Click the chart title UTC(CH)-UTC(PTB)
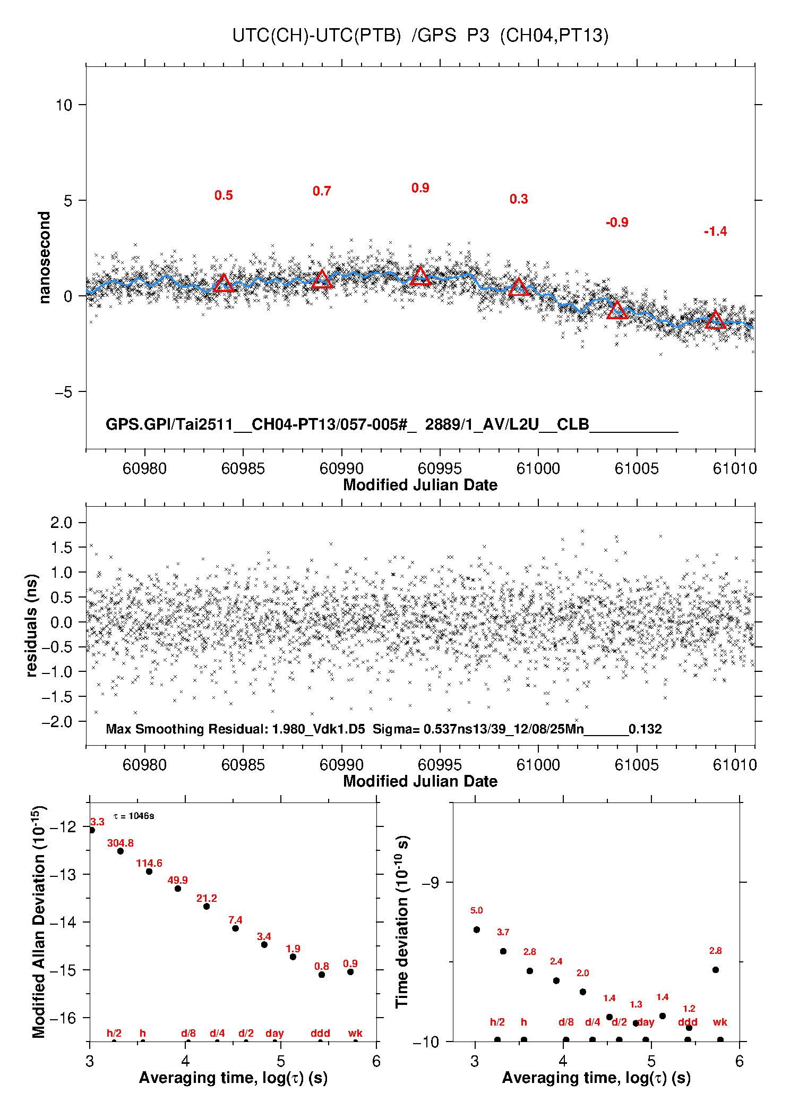point(316,36)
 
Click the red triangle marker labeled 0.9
point(420,276)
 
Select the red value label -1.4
point(715,232)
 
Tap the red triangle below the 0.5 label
point(224,283)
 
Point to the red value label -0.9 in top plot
point(617,223)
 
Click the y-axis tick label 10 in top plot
point(64,105)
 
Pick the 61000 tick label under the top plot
point(538,468)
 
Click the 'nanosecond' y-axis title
point(45,258)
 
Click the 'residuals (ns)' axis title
point(32,625)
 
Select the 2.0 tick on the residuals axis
point(61,523)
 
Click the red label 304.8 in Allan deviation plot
point(121,843)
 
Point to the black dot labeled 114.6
point(149,872)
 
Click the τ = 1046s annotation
point(134,816)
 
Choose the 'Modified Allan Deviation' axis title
point(39,921)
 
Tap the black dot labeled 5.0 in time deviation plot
point(477,929)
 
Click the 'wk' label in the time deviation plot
point(720,1022)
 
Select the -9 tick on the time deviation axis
point(430,883)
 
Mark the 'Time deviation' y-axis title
point(402,921)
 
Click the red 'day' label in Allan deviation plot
point(274,1033)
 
